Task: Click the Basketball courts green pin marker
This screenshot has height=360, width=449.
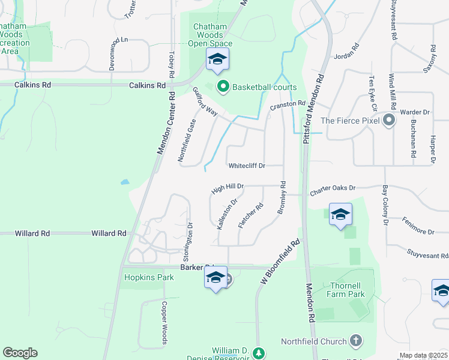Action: pyautogui.click(x=223, y=87)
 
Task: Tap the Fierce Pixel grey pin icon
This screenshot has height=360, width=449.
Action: pyautogui.click(x=389, y=120)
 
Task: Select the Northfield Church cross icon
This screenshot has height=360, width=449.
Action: pyautogui.click(x=355, y=341)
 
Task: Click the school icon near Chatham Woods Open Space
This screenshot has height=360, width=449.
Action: pyautogui.click(x=217, y=59)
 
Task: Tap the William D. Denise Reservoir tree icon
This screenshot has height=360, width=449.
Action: pyautogui.click(x=259, y=353)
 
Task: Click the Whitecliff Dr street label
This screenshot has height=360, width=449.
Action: pyautogui.click(x=255, y=166)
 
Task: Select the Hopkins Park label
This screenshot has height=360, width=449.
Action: pyautogui.click(x=149, y=277)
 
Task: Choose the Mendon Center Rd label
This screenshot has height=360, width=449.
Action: pyautogui.click(x=166, y=124)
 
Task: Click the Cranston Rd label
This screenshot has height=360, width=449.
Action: pyautogui.click(x=288, y=105)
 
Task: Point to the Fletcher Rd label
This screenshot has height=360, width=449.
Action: pyautogui.click(x=251, y=215)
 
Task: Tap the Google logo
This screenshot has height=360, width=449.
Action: pyautogui.click(x=20, y=353)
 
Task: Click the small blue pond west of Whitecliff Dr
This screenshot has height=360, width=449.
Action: pyautogui.click(x=124, y=181)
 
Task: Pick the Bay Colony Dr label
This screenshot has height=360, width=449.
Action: pyautogui.click(x=385, y=205)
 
